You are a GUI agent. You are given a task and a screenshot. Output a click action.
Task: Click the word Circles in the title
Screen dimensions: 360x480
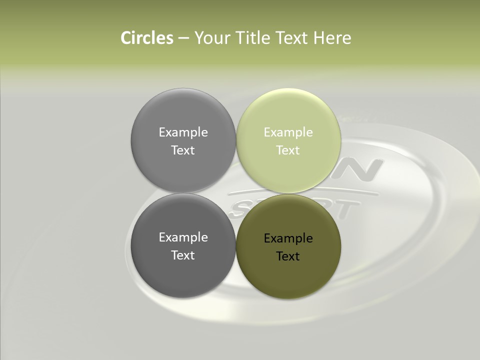[147, 38]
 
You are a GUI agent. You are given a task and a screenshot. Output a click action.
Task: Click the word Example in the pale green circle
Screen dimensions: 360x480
[288, 132]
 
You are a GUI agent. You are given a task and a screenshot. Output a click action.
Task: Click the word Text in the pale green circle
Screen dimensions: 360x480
[288, 150]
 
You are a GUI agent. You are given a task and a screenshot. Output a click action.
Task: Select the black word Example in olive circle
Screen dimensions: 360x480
[288, 238]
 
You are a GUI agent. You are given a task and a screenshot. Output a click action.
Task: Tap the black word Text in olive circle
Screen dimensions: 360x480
[288, 256]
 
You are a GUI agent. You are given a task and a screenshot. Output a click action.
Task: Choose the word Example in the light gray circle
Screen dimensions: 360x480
[183, 132]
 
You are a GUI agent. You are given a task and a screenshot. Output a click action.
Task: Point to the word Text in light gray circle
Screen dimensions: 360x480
[183, 150]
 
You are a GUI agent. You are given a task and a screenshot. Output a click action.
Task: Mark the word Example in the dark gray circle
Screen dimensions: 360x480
[183, 237]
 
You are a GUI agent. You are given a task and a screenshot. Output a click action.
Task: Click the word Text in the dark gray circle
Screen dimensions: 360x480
[183, 255]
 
